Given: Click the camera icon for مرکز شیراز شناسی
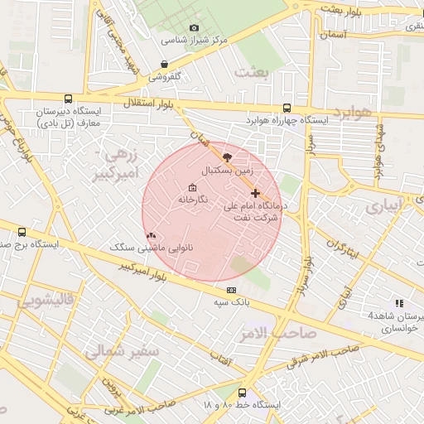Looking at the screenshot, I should click(195, 28).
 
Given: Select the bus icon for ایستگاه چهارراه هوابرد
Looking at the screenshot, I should click(287, 108).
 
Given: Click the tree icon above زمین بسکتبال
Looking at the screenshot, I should click(228, 157).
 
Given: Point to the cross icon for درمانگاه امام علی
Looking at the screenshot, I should click(255, 193).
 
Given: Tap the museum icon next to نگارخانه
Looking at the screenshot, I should click(193, 187).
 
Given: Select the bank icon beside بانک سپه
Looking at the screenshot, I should click(231, 290).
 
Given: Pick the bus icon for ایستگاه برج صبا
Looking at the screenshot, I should click(22, 233).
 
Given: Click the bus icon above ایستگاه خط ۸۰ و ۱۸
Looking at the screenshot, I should click(242, 393).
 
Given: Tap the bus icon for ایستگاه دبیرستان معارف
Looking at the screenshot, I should click(67, 99).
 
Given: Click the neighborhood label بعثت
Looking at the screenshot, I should click(252, 72).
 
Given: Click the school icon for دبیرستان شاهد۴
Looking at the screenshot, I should click(400, 304).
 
